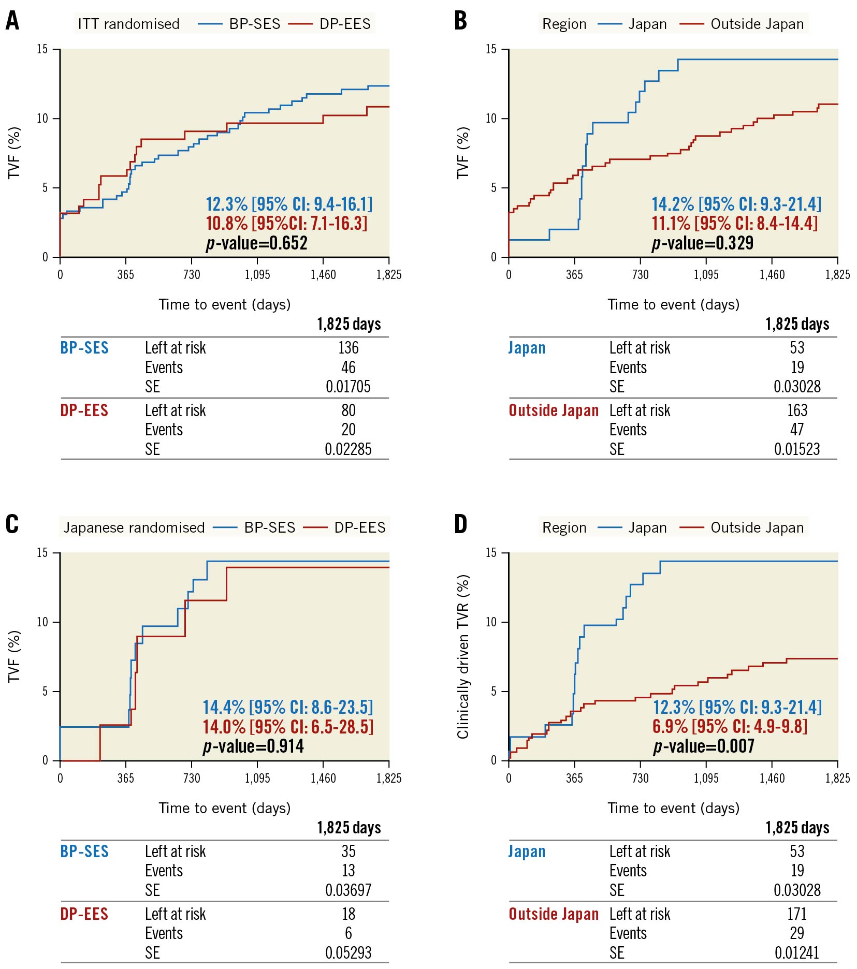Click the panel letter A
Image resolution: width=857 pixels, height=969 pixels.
pyautogui.click(x=12, y=21)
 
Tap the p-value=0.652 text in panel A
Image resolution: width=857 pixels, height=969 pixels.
pyautogui.click(x=256, y=243)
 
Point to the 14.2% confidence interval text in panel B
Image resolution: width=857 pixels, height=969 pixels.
pyautogui.click(x=736, y=204)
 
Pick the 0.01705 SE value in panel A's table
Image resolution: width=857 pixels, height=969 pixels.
pyautogui.click(x=348, y=387)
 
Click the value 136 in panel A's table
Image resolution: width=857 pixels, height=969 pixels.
pyautogui.click(x=348, y=348)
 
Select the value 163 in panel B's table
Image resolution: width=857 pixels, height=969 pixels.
pyautogui.click(x=797, y=410)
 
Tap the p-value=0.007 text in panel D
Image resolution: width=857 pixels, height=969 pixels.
pyautogui.click(x=704, y=746)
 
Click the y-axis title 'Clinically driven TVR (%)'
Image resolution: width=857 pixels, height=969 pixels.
pyautogui.click(x=463, y=656)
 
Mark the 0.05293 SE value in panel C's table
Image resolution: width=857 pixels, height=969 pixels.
pyautogui.click(x=348, y=952)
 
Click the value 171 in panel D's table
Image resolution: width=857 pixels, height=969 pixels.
pyautogui.click(x=797, y=914)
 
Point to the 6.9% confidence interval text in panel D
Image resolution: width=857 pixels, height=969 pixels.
pyautogui.click(x=730, y=727)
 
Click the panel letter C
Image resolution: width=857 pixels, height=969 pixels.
pyautogui.click(x=12, y=524)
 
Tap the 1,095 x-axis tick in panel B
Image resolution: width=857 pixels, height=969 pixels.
pyautogui.click(x=706, y=275)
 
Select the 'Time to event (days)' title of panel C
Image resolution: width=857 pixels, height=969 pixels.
pyautogui.click(x=224, y=808)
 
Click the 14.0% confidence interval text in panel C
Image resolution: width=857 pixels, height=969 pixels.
pyautogui.click(x=288, y=727)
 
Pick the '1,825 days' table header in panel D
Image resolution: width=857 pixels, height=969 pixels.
pyautogui.click(x=797, y=828)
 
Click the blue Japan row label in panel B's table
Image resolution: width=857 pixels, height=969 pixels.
pyautogui.click(x=527, y=348)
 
